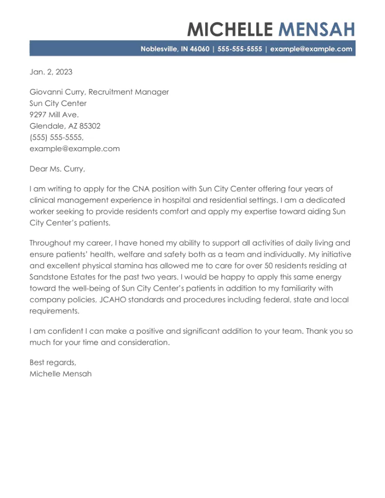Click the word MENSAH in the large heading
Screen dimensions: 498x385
coord(317,29)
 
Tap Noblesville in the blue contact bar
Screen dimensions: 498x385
coord(158,49)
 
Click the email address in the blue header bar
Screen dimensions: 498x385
coord(311,49)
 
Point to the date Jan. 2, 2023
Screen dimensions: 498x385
coord(51,72)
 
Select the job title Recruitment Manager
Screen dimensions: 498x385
coord(129,92)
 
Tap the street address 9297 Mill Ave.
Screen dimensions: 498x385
coord(54,115)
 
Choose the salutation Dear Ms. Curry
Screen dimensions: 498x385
coord(57,169)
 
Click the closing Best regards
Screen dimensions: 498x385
coord(53,363)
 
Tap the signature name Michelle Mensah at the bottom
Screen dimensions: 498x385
coord(60,374)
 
